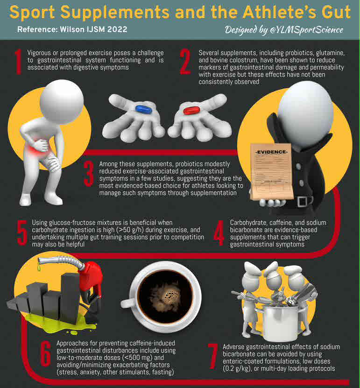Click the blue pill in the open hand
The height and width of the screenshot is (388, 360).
click(x=144, y=109)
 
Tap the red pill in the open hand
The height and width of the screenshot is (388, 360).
click(x=191, y=110)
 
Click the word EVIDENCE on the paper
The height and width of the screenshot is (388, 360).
click(x=271, y=152)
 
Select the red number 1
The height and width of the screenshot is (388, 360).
click(x=19, y=61)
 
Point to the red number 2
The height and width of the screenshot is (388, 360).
click(x=185, y=61)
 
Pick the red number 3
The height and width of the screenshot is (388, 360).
click(x=89, y=174)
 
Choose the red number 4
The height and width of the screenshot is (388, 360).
click(x=219, y=233)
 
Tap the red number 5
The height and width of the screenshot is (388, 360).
click(x=22, y=233)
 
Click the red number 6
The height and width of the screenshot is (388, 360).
click(x=46, y=353)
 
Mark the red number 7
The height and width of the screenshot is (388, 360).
click(x=213, y=356)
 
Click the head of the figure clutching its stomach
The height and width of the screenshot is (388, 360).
click(x=62, y=102)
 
